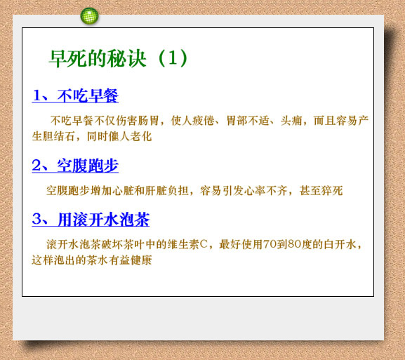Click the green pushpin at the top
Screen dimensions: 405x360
[x=89, y=16]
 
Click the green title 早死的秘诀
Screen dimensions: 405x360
[x=98, y=59]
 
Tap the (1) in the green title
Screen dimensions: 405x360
[x=173, y=58]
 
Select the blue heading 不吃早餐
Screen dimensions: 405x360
[x=88, y=95]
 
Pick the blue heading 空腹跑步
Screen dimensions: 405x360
[x=88, y=166]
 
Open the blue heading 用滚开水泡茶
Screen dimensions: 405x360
[x=104, y=220]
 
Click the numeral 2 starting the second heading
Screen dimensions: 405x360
[x=36, y=166]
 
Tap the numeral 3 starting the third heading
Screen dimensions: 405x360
[x=36, y=220]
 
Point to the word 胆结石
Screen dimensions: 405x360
[x=59, y=136]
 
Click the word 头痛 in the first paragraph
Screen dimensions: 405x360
[x=291, y=121]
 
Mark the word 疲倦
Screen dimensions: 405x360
[x=204, y=121]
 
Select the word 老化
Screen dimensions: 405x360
[x=141, y=136]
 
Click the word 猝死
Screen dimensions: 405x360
[x=332, y=191]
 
